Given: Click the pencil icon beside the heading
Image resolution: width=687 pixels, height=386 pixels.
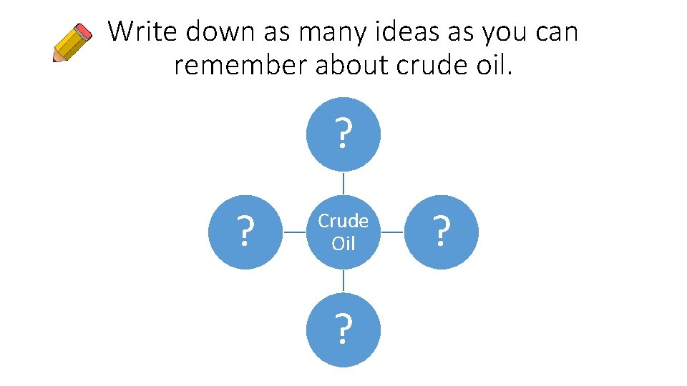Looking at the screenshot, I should [73, 42].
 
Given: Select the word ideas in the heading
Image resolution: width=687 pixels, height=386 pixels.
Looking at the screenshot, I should [389, 31].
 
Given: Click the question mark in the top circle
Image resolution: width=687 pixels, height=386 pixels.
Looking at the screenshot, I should [343, 134].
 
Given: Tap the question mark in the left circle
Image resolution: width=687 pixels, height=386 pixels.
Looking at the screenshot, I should [245, 232].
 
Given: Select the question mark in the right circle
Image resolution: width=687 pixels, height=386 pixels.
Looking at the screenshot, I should [442, 232].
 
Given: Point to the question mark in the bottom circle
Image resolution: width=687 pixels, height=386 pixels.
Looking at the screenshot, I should [343, 330].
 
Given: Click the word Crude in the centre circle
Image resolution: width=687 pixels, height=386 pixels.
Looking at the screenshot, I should [343, 222].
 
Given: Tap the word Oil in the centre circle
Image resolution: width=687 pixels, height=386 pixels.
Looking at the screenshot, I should [343, 243].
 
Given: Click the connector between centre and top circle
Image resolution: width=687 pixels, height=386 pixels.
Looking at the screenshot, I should [343, 183].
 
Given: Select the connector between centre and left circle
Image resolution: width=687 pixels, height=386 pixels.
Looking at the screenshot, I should [294, 232].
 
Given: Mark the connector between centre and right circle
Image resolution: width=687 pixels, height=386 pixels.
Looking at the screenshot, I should [393, 232].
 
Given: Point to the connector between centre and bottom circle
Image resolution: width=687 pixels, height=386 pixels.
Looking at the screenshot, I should [343, 281].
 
